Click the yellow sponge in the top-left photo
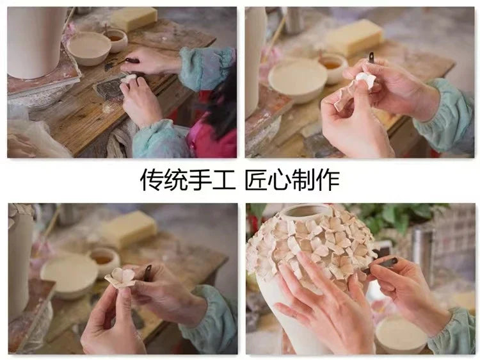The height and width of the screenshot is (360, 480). point(134,19)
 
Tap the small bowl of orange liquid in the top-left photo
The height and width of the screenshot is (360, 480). point(116,38)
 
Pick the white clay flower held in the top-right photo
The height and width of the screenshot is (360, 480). point(365,80)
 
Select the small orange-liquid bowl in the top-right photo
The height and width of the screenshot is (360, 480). point(332,65)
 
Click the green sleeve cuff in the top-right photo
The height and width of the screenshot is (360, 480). point(448,115)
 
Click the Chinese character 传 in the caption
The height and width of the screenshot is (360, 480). point(152,180)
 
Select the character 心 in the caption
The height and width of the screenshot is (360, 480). point(280,180)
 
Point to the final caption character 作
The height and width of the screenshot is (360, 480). point(328,180)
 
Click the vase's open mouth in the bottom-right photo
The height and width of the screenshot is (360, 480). point(306,213)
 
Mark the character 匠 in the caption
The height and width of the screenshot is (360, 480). point(257,180)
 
